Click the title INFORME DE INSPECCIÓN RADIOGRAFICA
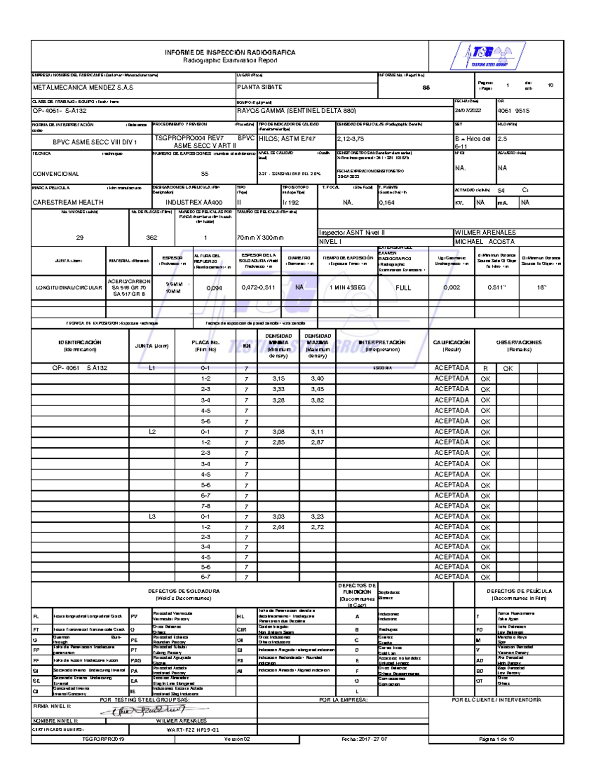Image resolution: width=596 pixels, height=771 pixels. coord(230,53)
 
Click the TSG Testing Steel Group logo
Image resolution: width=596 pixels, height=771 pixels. coord(489,55)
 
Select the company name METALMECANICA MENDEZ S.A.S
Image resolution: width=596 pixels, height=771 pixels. coord(83,87)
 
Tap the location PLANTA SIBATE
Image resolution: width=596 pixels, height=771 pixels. coord(260,87)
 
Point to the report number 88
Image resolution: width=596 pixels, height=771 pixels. coord(426,88)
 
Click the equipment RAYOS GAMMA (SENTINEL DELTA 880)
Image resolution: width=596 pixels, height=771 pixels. coord(297,111)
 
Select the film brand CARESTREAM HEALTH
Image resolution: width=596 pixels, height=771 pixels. coord(68,203)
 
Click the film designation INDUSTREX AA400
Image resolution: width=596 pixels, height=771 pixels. coord(194,203)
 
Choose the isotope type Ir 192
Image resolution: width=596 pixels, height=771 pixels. coord(291,203)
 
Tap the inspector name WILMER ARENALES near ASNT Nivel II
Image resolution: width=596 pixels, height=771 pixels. coord(485,232)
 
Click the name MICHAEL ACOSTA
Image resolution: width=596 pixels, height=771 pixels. coord(485,242)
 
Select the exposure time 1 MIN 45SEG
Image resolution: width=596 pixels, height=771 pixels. coord(347,288)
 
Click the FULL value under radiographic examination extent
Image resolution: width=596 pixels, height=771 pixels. coord(403,288)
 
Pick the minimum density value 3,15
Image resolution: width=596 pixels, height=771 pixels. coord(278,379)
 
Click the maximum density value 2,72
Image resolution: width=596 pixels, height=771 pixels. coord(317,527)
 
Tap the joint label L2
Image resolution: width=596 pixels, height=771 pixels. coord(152,432)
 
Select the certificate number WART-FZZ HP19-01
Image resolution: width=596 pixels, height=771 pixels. coord(193,730)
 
